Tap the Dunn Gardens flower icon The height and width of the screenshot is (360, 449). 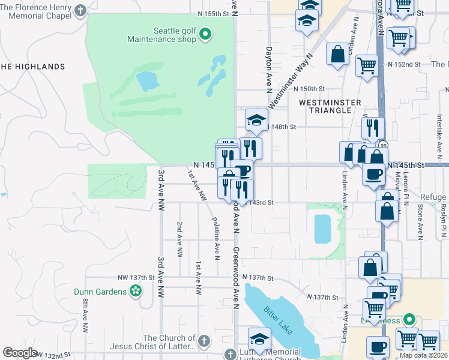tap(136, 292)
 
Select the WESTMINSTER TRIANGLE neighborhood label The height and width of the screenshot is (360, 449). tap(325, 106)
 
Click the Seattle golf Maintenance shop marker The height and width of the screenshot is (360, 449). tap(205, 34)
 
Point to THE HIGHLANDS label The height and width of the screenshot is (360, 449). tap(32, 67)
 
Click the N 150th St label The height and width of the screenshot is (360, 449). tap(312, 89)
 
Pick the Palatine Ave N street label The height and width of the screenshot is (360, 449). tap(215, 239)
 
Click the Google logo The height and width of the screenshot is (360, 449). tap(20, 353)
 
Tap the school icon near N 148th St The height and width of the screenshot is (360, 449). tap(256, 119)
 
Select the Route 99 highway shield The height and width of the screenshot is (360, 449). tap(382, 145)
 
